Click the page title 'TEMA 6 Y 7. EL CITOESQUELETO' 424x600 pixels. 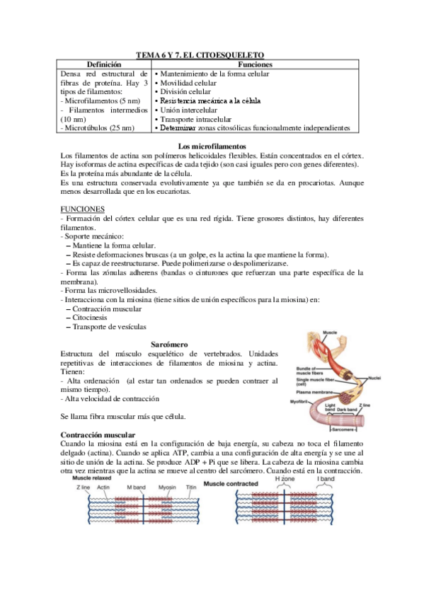pos(212,55)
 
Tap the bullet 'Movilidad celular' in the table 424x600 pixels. pos(188,83)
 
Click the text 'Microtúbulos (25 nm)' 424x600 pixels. pos(99,129)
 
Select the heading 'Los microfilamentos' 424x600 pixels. pos(212,146)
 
